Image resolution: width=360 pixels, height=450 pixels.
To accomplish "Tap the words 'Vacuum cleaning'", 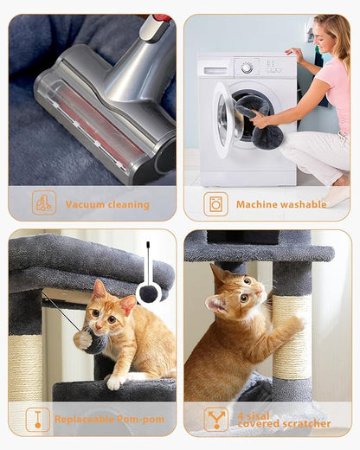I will point(107,205).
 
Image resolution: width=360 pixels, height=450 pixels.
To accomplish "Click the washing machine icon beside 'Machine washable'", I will point(215,204).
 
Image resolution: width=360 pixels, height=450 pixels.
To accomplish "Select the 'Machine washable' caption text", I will point(281,205).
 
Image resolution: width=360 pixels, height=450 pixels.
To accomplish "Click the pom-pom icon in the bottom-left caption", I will point(38,420).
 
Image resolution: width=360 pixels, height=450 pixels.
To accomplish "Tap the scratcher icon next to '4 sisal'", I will point(215,419).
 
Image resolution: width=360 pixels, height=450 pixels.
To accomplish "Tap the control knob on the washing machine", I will point(247,67).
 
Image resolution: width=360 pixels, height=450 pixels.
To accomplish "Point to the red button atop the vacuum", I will point(161,17).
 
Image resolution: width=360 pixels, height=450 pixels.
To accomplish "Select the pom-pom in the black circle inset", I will point(149,293).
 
